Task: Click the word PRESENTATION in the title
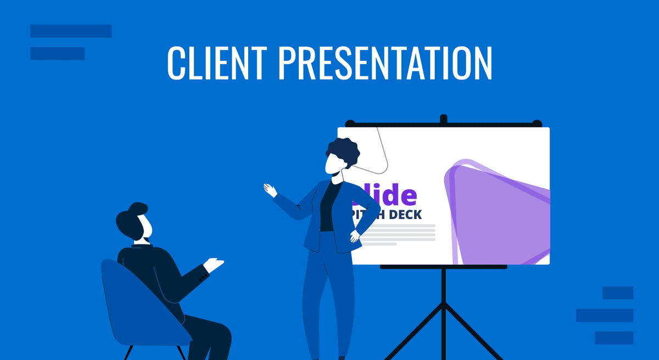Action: [384, 63]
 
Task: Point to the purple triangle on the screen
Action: [494, 214]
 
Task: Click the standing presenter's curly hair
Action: [343, 150]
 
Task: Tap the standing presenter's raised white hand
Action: [270, 190]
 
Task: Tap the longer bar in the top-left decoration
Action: [71, 31]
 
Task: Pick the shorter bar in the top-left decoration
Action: [57, 53]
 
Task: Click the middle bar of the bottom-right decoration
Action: [605, 315]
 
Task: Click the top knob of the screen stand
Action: [444, 119]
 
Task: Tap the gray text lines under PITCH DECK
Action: [398, 233]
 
